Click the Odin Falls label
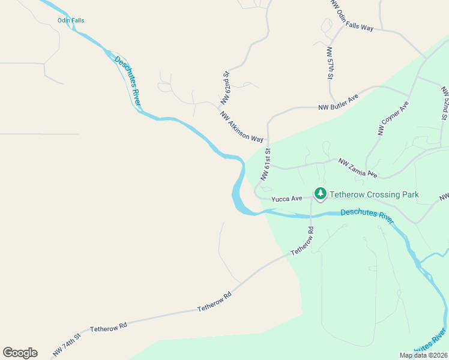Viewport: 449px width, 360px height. pyautogui.click(x=71, y=20)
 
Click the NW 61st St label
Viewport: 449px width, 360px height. pyautogui.click(x=266, y=166)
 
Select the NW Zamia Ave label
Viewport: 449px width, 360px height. pyautogui.click(x=358, y=168)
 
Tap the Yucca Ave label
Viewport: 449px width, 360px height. pyautogui.click(x=286, y=198)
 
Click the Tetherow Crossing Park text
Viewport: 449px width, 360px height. pyautogui.click(x=374, y=195)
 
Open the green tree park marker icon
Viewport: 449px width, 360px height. pyautogui.click(x=321, y=193)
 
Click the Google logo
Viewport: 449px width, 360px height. pyautogui.click(x=20, y=353)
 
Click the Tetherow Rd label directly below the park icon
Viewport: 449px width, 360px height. pyautogui.click(x=303, y=242)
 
